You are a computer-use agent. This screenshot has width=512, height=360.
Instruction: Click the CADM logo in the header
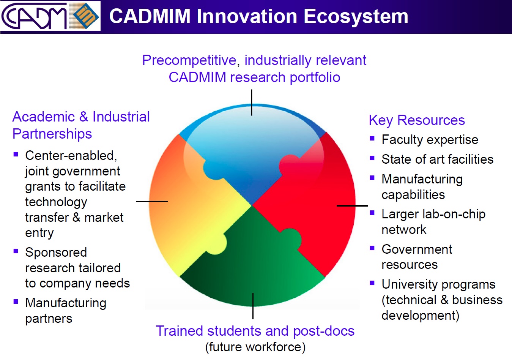34,16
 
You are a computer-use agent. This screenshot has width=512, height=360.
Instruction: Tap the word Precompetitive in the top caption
189,60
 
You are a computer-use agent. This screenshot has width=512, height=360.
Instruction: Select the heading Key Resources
416,120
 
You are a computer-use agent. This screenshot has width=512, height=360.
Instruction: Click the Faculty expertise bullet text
430,140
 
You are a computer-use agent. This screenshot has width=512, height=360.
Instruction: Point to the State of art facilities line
437,159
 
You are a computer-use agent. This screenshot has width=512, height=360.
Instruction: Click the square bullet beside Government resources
372,248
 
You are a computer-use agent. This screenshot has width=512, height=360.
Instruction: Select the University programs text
438,284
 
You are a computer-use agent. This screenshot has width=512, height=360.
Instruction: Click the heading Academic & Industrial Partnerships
81,125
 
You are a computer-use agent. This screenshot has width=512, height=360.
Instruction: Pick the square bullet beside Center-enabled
16,154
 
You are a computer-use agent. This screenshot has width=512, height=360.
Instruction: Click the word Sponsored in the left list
56,253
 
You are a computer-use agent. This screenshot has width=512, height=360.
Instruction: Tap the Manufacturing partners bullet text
65,311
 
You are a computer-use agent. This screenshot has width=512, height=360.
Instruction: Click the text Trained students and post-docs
255,331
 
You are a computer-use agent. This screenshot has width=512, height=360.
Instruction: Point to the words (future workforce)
255,347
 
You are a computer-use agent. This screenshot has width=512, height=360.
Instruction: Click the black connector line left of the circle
151,201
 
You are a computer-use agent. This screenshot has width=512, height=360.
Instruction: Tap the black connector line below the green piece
253,306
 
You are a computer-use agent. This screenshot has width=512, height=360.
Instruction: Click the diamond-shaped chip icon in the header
85,16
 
